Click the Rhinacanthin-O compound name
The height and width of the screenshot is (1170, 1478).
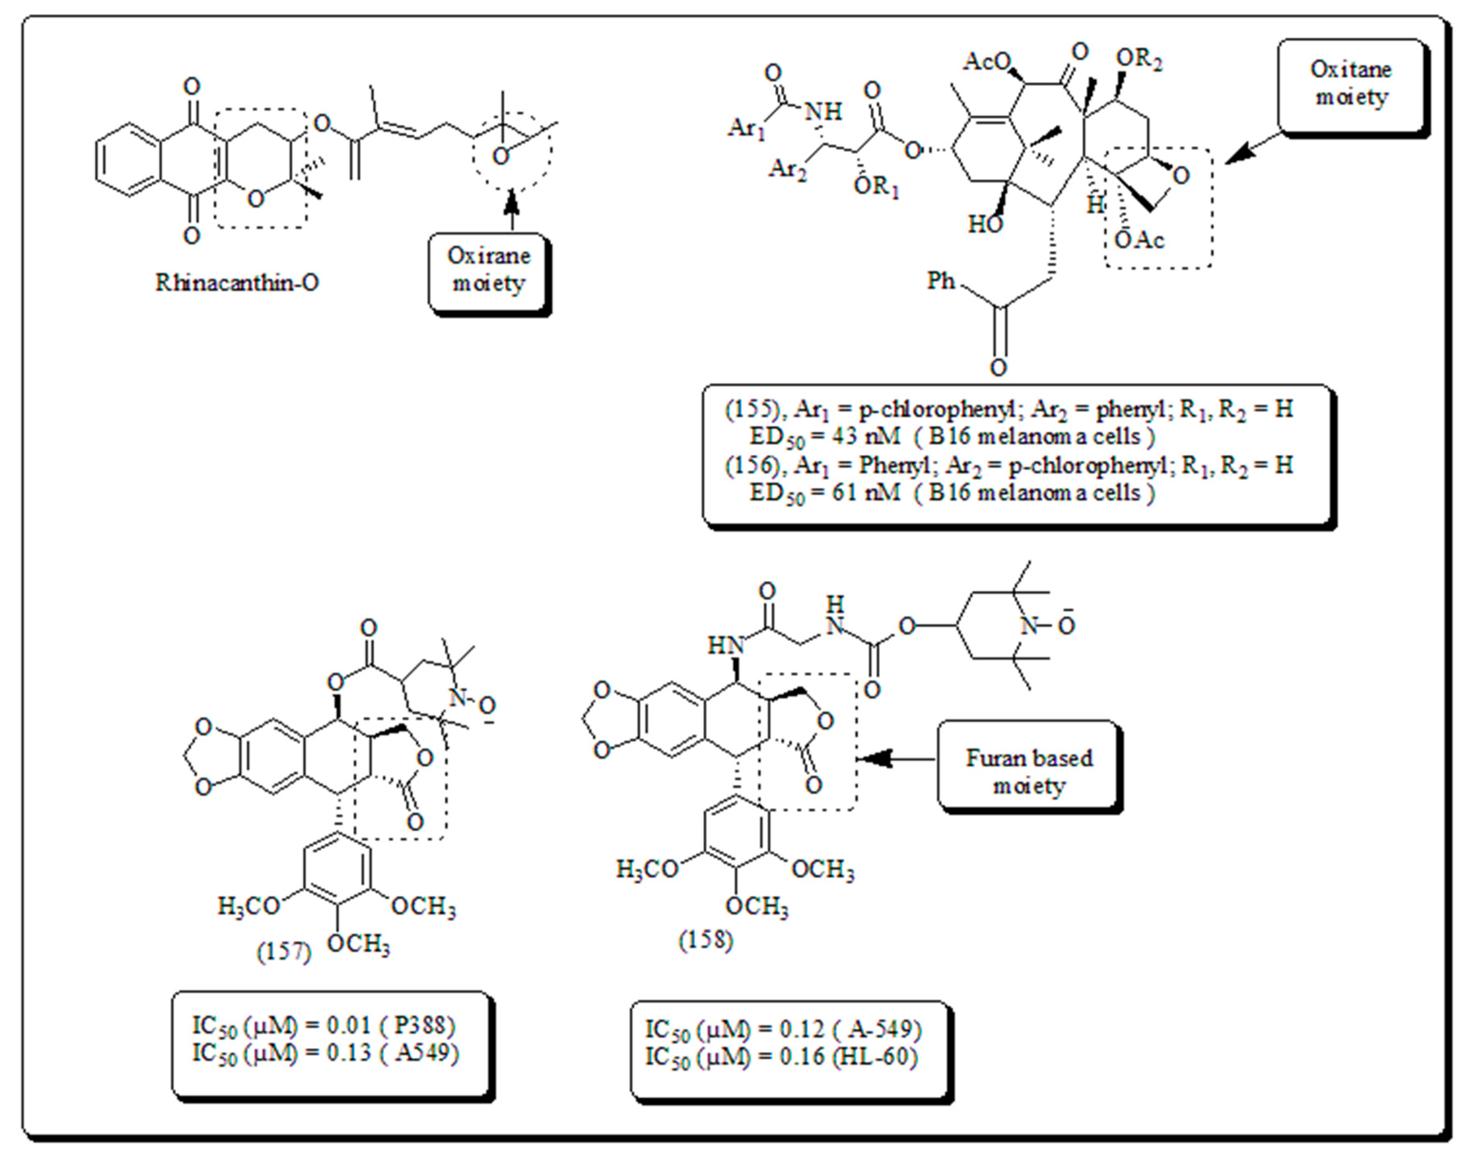coord(237,282)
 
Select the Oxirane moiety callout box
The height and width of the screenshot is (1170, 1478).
coord(489,271)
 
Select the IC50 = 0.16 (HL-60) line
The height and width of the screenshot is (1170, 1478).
coord(781,1057)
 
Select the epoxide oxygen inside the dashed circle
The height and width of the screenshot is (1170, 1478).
coord(501,157)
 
